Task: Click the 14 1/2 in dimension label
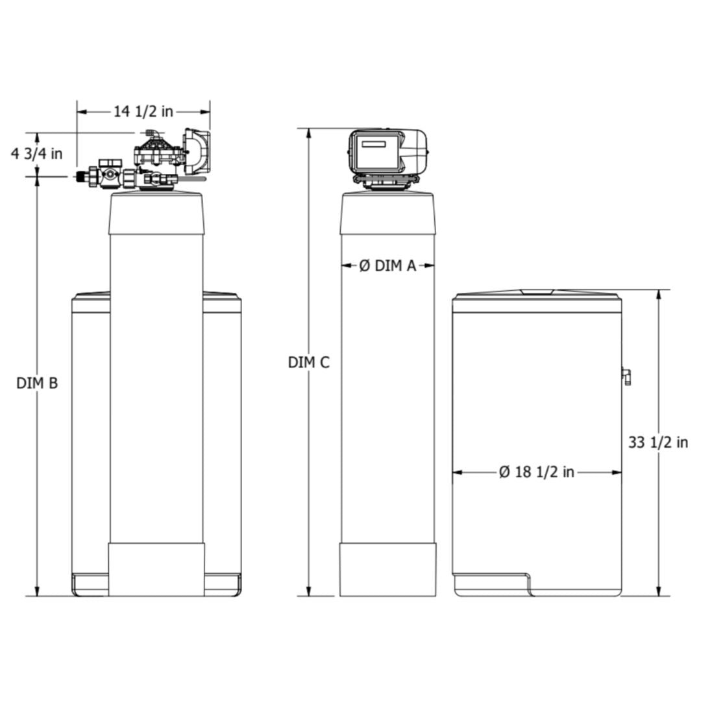(143, 112)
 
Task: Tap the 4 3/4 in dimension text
(36, 154)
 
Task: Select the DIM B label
(37, 383)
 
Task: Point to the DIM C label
(308, 363)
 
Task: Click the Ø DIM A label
(387, 265)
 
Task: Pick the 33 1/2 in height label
(658, 443)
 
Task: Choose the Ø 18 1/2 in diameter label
(537, 472)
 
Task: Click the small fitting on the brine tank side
(626, 376)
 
